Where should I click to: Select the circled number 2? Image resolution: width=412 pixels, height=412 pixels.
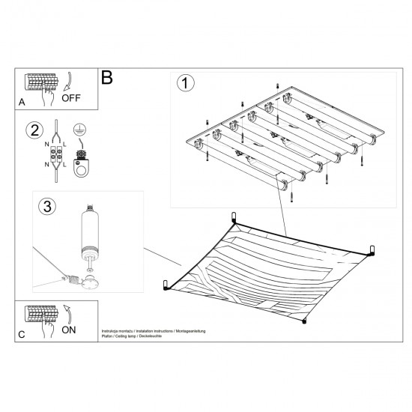tap(34, 130)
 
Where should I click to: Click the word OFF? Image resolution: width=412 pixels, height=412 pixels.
tap(72, 97)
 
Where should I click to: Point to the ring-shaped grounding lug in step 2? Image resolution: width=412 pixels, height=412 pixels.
tap(80, 165)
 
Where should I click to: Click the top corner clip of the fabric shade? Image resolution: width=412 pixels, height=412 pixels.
tap(234, 216)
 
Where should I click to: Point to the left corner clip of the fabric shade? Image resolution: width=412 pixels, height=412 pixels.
tap(166, 285)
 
